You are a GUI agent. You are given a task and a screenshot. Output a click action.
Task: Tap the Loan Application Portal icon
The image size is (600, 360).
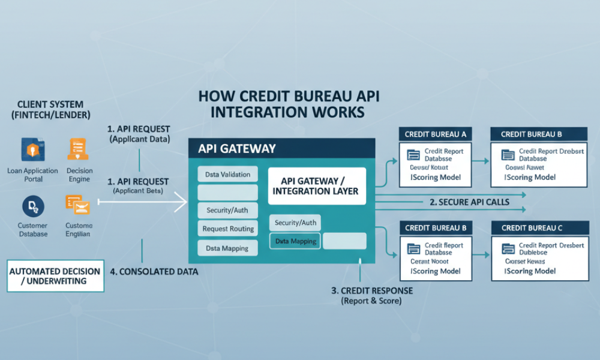pyautogui.click(x=32, y=149)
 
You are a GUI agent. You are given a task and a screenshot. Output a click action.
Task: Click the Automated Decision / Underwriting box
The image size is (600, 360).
pyautogui.click(x=56, y=276)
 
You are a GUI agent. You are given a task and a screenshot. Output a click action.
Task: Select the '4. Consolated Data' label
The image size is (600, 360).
pyautogui.click(x=154, y=272)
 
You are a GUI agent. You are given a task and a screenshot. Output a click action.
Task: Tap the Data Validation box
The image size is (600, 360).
pyautogui.click(x=227, y=175)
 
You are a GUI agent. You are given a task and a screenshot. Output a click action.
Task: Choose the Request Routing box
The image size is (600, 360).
pyautogui.click(x=227, y=229)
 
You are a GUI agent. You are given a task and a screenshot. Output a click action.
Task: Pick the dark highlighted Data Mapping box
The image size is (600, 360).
pyautogui.click(x=295, y=241)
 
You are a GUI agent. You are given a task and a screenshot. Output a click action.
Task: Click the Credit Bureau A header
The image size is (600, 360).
pyautogui.click(x=436, y=134)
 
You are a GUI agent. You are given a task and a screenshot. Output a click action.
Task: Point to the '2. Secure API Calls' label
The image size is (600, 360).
pyautogui.click(x=469, y=202)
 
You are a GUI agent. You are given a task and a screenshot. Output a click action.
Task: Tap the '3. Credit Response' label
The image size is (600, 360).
pyautogui.click(x=371, y=290)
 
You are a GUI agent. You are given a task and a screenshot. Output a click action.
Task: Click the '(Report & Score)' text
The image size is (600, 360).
pyautogui.click(x=371, y=301)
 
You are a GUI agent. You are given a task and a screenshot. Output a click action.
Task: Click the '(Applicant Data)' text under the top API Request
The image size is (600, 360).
pyautogui.click(x=140, y=139)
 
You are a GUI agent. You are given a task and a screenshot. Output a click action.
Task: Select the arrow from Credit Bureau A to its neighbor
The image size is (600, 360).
pyautogui.click(x=479, y=161)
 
